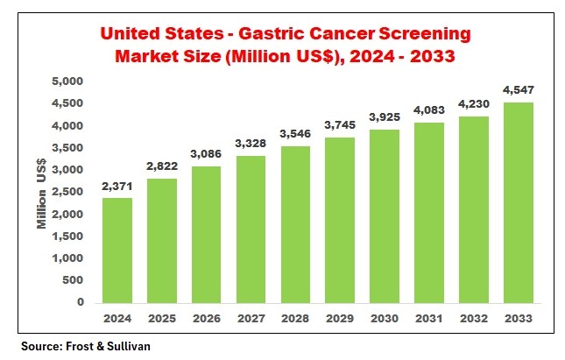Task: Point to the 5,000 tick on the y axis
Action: click(67, 81)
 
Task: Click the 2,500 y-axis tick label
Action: click(67, 192)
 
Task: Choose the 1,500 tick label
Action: click(67, 236)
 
